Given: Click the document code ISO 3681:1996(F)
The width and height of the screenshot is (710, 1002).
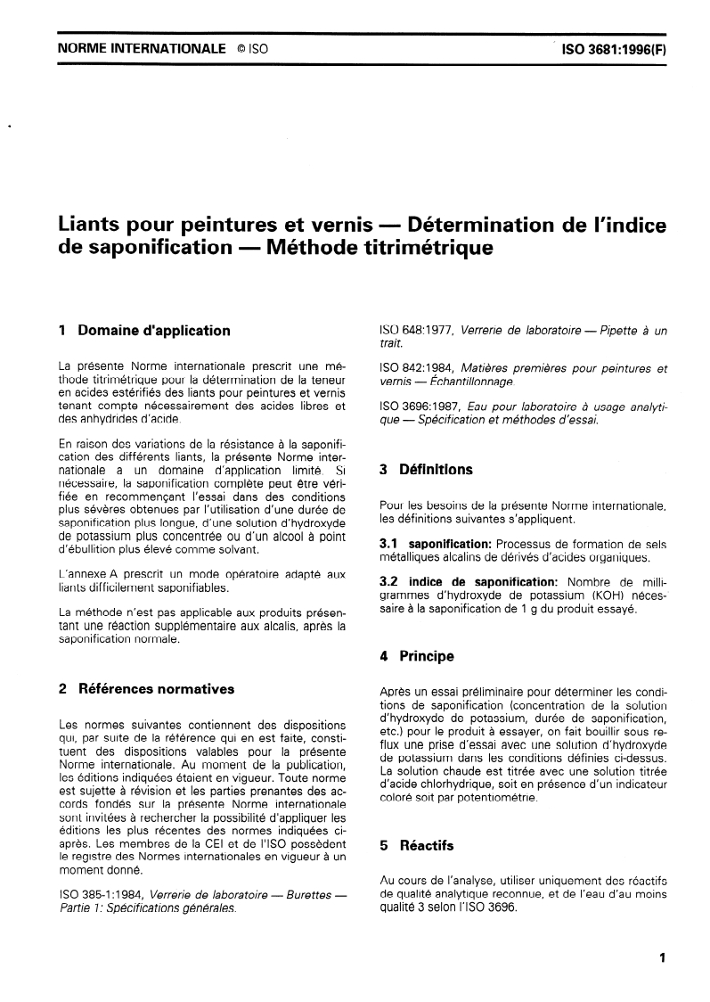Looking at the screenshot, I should click(613, 51).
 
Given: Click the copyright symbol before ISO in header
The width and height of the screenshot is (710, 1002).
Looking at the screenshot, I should click(241, 51).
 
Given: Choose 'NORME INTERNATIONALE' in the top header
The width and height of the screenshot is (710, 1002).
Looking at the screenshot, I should click(141, 51).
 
